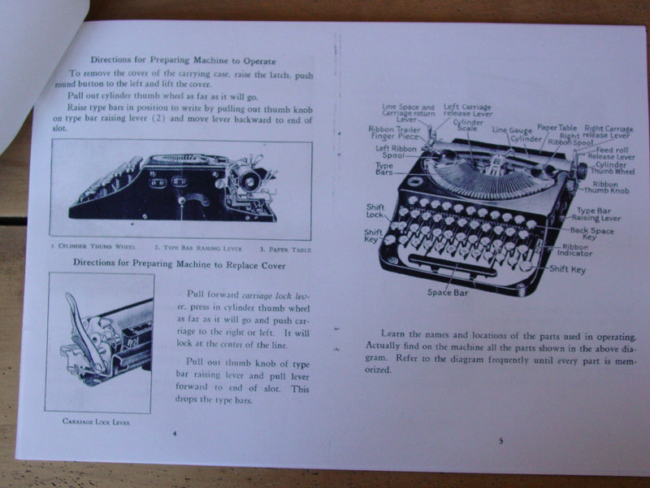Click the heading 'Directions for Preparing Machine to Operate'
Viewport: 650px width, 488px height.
click(182, 61)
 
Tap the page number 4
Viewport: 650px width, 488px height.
click(175, 433)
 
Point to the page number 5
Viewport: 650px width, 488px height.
click(500, 441)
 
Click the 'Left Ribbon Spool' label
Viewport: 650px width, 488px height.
click(395, 152)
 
